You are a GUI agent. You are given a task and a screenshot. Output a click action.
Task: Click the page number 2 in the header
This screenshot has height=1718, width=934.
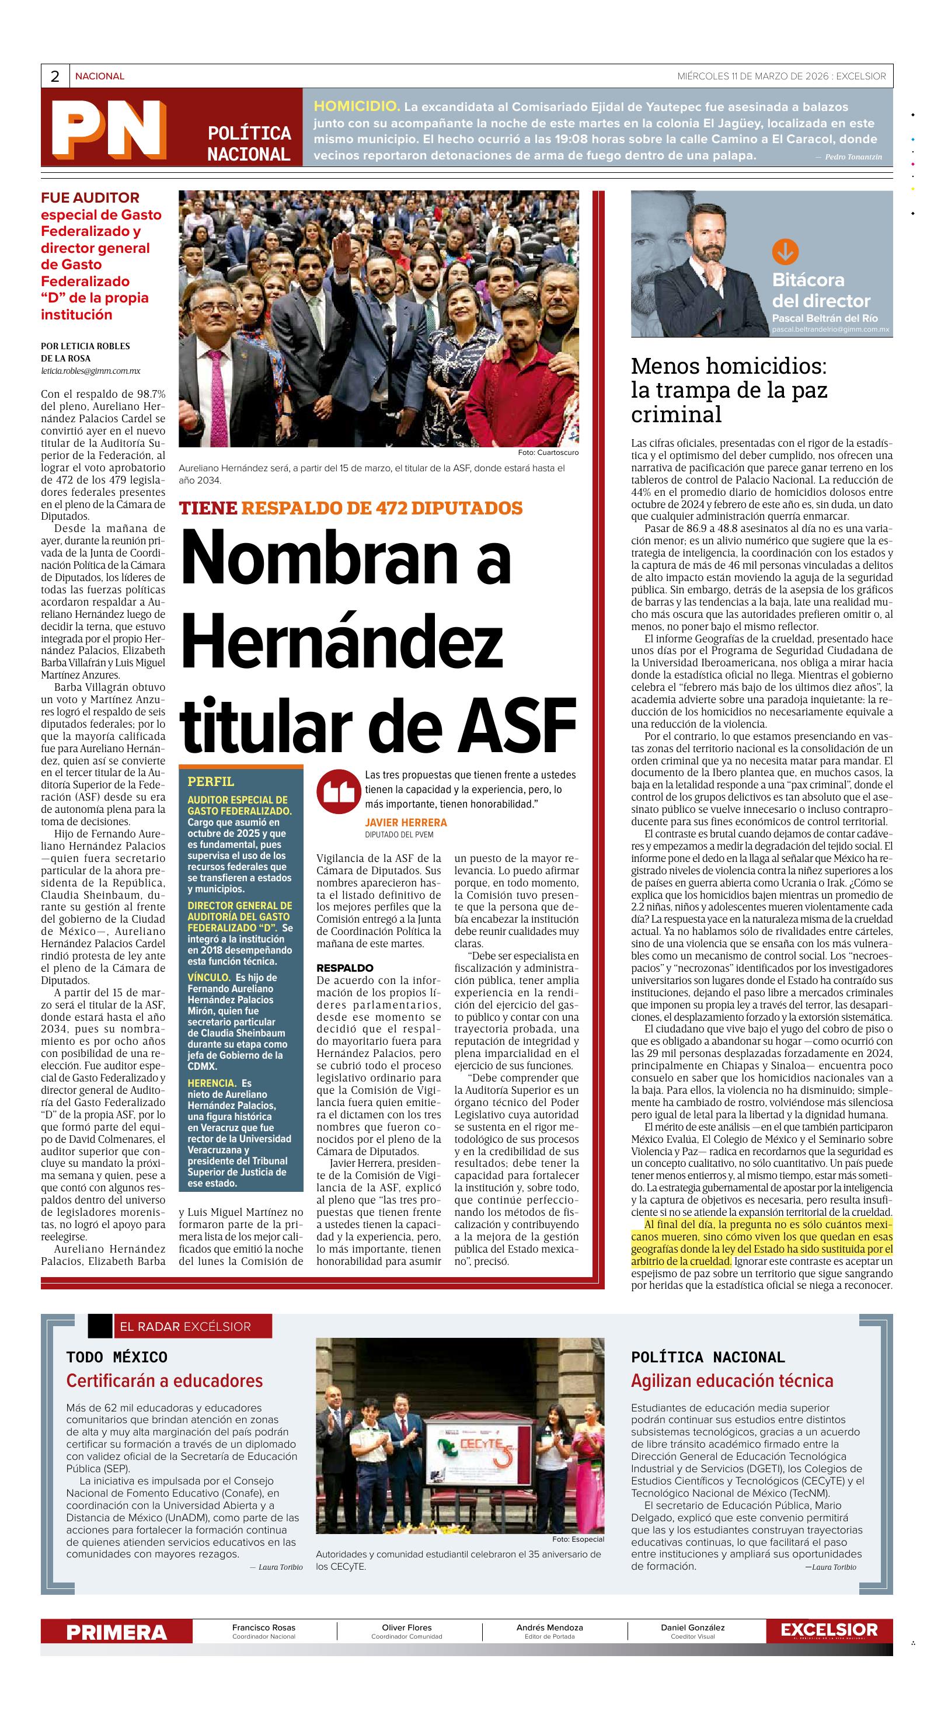pos(55,76)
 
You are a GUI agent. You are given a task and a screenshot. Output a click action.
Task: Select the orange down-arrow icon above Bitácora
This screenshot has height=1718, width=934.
pos(785,252)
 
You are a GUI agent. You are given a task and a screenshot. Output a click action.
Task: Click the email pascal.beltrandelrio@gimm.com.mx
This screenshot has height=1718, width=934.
pos(830,329)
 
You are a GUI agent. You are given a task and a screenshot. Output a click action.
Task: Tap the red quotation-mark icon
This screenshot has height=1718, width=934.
pos(338,792)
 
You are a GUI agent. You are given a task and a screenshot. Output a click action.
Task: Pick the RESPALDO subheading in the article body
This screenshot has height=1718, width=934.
pos(344,968)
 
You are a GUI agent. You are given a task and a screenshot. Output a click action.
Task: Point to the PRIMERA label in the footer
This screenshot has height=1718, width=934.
pos(116,1633)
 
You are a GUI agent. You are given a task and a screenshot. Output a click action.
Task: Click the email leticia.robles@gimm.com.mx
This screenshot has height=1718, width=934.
pos(90,371)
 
